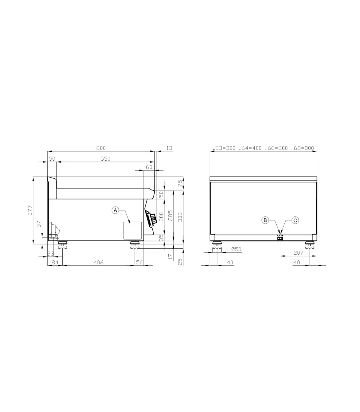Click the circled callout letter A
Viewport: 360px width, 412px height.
(x=115, y=211)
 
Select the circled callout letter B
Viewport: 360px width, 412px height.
(x=265, y=220)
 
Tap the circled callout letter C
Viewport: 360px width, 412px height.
(x=295, y=220)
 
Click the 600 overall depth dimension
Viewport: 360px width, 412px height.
(x=101, y=148)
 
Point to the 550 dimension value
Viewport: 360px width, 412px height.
(x=105, y=159)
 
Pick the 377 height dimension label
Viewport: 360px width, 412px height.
(x=30, y=211)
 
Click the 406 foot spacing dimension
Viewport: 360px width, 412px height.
(x=98, y=262)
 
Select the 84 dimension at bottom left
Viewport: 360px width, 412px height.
(x=55, y=262)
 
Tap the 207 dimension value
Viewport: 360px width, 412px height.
(x=298, y=253)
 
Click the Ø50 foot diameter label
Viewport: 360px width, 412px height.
(x=236, y=249)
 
